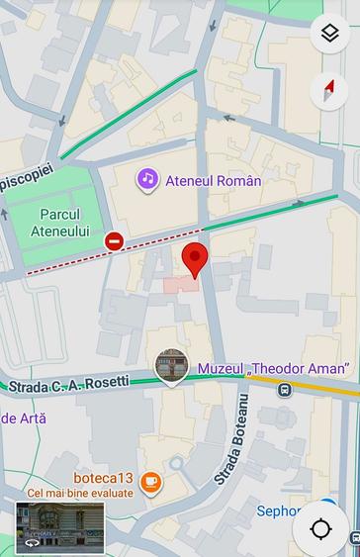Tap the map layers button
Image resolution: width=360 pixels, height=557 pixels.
point(329,35)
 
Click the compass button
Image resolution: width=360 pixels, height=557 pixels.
point(329,91)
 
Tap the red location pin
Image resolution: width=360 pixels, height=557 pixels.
point(196,259)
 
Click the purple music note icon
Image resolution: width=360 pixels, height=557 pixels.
point(147,179)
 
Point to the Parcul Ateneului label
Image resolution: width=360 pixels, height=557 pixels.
point(65,223)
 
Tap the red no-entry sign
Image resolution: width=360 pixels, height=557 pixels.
point(115,241)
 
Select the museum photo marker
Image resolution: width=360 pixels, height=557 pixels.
point(172,367)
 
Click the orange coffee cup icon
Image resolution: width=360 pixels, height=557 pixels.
point(150,483)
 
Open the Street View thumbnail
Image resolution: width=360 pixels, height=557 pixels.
point(59,525)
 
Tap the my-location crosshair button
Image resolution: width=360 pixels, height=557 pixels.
point(320,528)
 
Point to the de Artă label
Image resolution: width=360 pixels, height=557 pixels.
point(22,418)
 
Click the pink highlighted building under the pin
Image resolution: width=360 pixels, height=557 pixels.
point(180,284)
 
